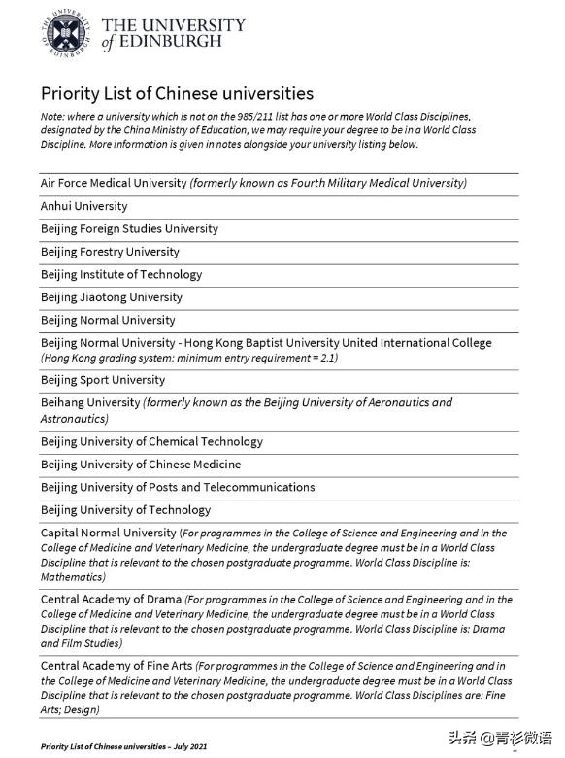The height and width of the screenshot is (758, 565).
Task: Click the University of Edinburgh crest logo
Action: (x=64, y=34)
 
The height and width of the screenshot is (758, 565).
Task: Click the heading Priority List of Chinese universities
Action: (x=177, y=94)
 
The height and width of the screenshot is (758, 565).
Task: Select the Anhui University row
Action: (x=83, y=206)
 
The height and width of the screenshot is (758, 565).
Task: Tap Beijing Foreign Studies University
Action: (x=129, y=229)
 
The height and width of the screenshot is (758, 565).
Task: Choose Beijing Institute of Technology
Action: (x=121, y=275)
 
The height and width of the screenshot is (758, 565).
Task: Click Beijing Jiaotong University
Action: (x=111, y=297)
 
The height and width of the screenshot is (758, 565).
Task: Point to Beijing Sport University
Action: (x=103, y=380)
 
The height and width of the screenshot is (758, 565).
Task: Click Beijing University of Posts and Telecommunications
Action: (x=178, y=487)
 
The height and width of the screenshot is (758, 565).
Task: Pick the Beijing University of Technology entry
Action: (x=125, y=510)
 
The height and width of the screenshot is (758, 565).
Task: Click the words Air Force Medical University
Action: (x=114, y=183)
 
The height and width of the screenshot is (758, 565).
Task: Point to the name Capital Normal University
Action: (x=108, y=533)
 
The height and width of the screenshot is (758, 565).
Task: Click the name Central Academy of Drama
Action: (x=111, y=600)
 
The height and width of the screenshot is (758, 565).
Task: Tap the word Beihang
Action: (x=63, y=402)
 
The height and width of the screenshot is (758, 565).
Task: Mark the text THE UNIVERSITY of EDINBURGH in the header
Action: (x=173, y=33)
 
